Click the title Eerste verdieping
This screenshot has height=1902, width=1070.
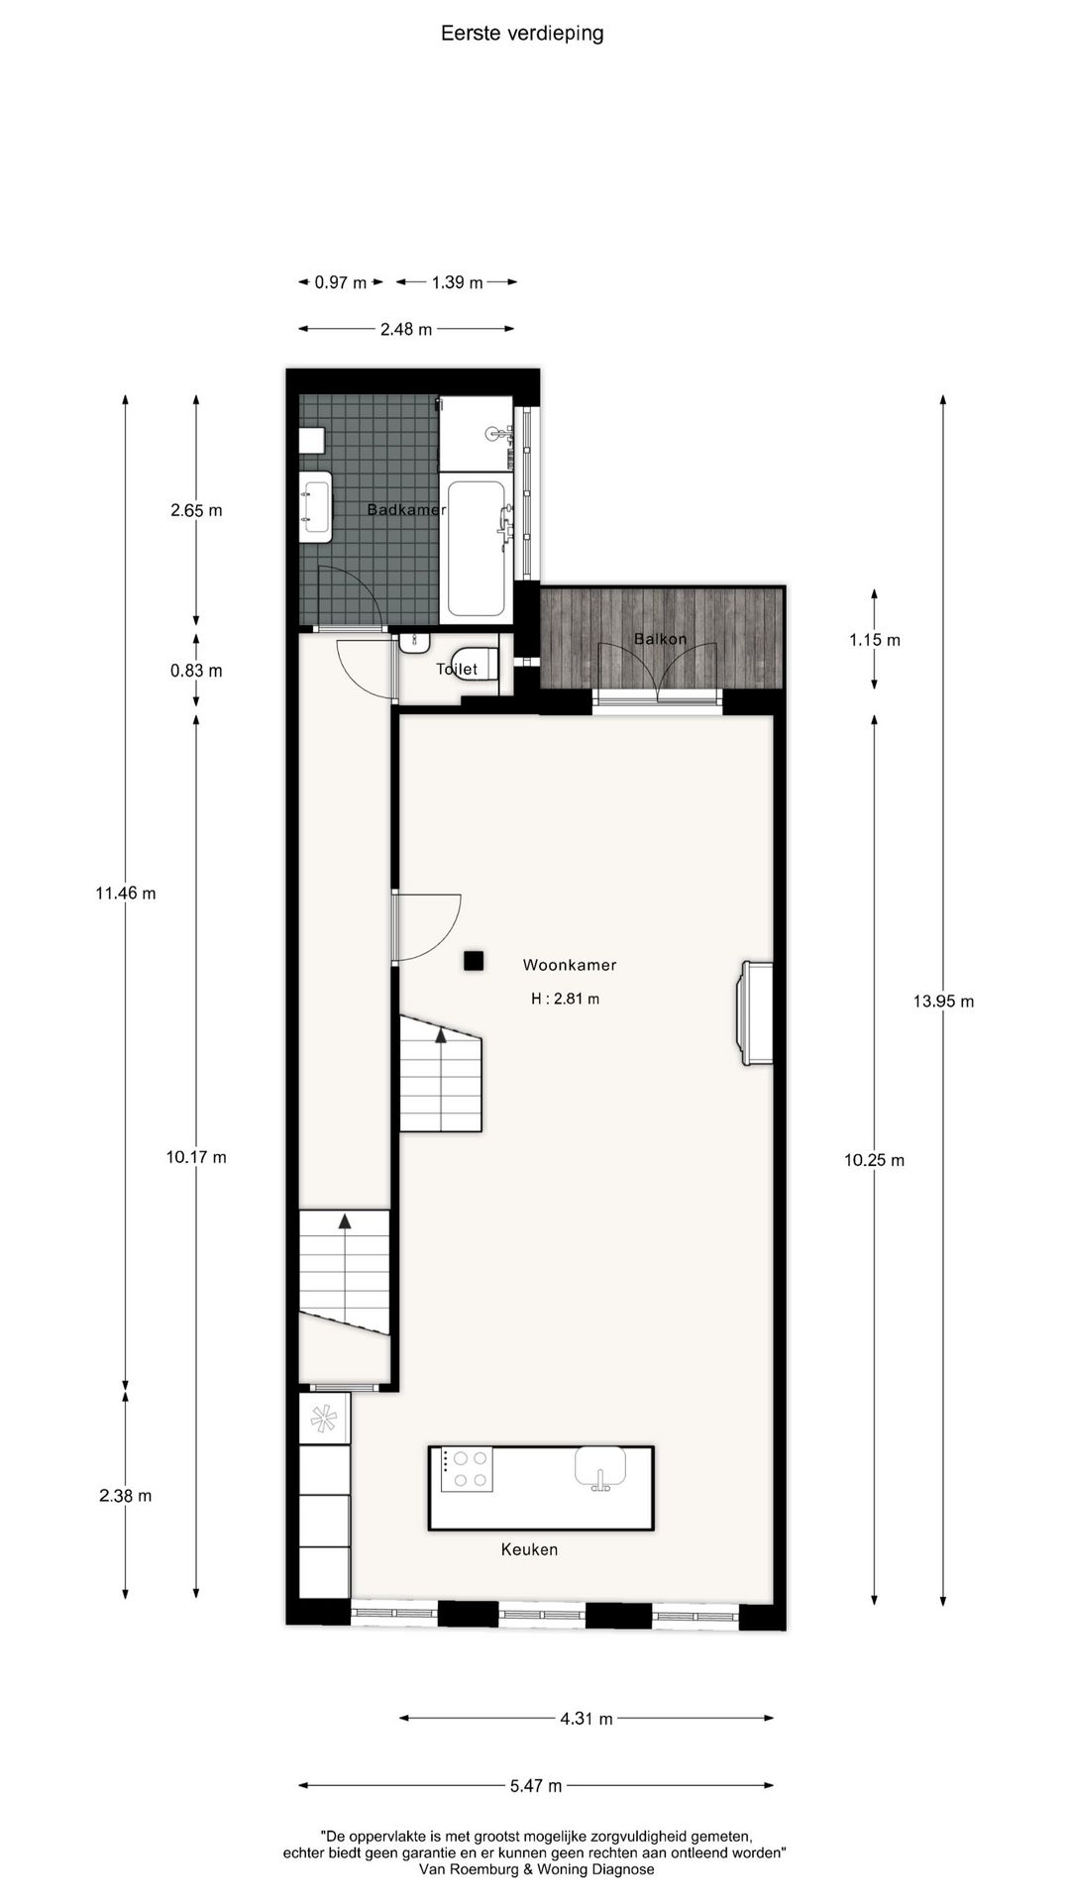(x=522, y=34)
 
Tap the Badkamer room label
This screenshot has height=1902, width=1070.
(x=406, y=510)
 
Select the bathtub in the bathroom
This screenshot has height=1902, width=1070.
(x=477, y=547)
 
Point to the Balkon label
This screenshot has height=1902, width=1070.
(x=660, y=639)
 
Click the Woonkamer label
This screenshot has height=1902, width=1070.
(x=570, y=965)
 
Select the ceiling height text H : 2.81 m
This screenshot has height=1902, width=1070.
(x=565, y=999)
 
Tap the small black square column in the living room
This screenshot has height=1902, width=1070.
(x=474, y=960)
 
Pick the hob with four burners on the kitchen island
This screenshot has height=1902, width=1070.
(x=467, y=1469)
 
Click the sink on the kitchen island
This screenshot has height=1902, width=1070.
(x=600, y=1467)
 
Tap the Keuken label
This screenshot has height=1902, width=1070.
(x=529, y=1549)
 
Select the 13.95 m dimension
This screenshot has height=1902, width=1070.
(x=943, y=1002)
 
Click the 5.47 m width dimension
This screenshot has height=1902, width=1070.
(x=536, y=1786)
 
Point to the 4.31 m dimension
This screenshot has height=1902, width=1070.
(x=587, y=1719)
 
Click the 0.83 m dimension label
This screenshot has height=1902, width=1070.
(x=196, y=671)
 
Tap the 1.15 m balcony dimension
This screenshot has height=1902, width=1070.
(x=874, y=640)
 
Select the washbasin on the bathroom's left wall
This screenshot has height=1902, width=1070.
(x=317, y=506)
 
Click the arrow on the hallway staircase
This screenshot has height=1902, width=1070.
(x=345, y=1221)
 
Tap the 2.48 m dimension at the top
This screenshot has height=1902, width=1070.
(x=406, y=329)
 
